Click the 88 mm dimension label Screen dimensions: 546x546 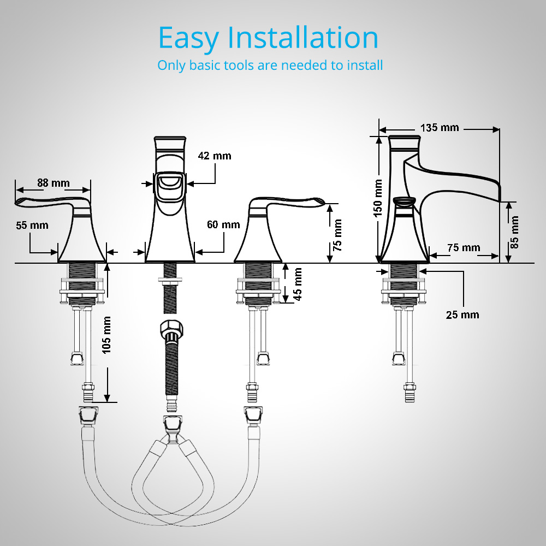click(54, 183)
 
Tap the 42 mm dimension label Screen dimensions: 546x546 click(215, 156)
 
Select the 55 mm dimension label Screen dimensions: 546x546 click(32, 225)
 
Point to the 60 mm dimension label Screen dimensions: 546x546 click(223, 224)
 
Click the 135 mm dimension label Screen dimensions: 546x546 click(440, 128)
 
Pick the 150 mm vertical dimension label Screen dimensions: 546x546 click(378, 198)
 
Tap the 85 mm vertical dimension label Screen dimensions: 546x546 click(514, 232)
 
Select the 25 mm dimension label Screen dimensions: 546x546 click(462, 315)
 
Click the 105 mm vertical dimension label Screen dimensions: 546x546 click(106, 335)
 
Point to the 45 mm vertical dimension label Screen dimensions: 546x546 click(298, 284)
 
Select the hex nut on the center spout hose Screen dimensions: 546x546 click(171, 328)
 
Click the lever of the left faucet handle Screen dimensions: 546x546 click(52, 201)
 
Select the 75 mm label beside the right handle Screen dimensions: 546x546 click(337, 235)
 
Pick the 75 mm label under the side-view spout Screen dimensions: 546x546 click(464, 247)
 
